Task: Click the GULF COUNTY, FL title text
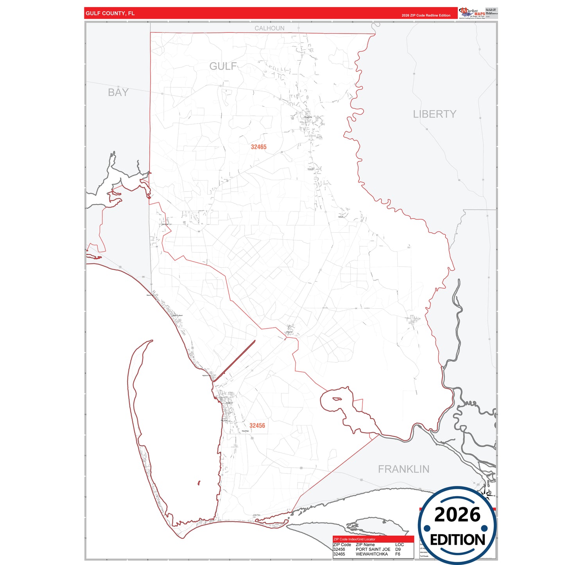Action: [x=110, y=13]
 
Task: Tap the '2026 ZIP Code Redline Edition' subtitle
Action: [x=426, y=16]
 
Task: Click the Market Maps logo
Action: [x=472, y=13]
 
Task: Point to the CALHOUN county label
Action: [x=269, y=28]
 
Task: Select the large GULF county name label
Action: [x=223, y=66]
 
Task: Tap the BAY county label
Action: [x=118, y=92]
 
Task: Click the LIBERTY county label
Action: [x=434, y=114]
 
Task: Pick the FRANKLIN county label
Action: [x=404, y=469]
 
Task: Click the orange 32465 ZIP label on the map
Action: [x=258, y=147]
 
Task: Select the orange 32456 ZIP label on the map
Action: [x=257, y=426]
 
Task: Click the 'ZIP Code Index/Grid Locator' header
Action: [x=354, y=539]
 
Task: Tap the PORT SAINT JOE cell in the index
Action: [x=373, y=549]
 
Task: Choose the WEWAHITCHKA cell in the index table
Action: [x=371, y=554]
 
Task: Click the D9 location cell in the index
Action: [x=398, y=549]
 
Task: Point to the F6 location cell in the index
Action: [x=398, y=554]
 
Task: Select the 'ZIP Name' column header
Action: [x=365, y=545]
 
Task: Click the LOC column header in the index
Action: [x=399, y=545]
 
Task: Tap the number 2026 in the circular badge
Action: [x=457, y=515]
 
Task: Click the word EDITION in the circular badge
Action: [x=457, y=540]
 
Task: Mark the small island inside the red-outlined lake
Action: [x=336, y=399]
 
